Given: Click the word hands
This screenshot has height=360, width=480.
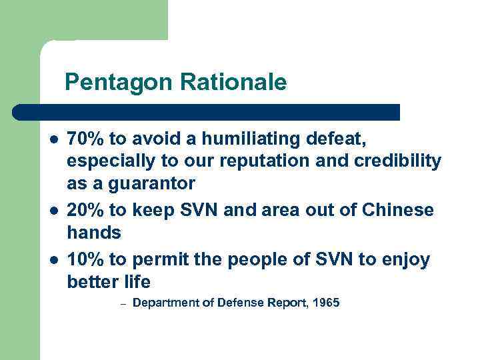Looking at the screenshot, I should coord(93,233).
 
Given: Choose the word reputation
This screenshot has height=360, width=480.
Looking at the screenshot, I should coord(267,161).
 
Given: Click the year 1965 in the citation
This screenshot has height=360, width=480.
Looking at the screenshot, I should coord(325,303).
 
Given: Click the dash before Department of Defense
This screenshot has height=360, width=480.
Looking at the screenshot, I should coord(123,304).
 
